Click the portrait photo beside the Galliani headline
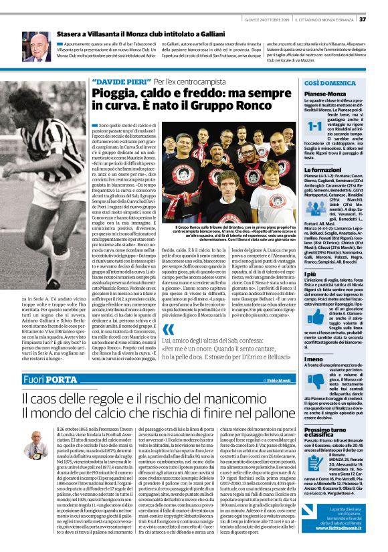coord(37,47)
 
